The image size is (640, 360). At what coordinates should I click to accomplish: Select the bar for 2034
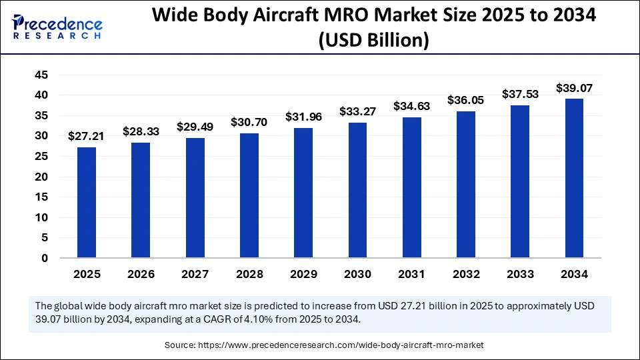point(574,178)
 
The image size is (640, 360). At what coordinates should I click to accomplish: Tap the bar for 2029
point(303,193)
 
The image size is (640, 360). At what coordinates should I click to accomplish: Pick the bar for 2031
point(411,187)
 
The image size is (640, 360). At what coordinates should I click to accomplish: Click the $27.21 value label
point(87,136)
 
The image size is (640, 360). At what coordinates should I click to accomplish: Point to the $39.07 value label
point(574,87)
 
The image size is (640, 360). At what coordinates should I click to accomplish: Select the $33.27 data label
point(357,111)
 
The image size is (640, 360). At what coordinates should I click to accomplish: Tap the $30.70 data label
point(249,122)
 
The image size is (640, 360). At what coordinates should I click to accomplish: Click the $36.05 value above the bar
point(466,99)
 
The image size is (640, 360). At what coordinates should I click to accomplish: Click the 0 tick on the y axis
point(44,258)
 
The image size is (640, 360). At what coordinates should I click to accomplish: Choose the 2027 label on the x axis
point(195,274)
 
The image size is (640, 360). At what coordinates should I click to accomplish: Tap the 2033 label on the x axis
point(520,274)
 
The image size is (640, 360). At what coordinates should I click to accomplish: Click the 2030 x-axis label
point(357,274)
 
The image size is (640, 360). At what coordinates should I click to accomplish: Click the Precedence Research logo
point(57,27)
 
